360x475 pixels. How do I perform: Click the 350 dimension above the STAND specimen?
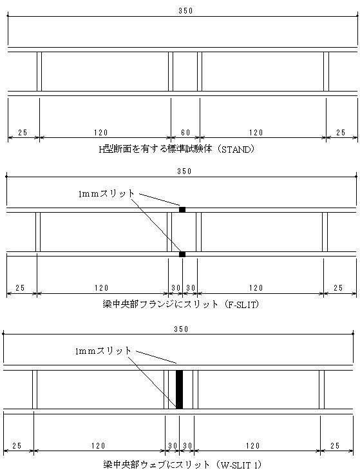pyautogui.click(x=185, y=11)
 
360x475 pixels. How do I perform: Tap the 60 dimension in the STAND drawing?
pyautogui.click(x=185, y=133)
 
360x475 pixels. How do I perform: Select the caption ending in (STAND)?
pyautogui.click(x=177, y=150)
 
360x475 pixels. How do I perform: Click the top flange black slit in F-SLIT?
pyautogui.click(x=182, y=209)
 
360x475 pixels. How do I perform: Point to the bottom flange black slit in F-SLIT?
pyautogui.click(x=182, y=254)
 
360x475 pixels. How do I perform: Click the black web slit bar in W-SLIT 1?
pyautogui.click(x=179, y=389)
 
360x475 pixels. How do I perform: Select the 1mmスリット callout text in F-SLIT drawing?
pyautogui.click(x=106, y=193)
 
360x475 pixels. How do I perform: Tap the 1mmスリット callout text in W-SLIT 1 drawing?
pyautogui.click(x=103, y=351)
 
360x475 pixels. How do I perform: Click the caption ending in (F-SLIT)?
pyautogui.click(x=181, y=304)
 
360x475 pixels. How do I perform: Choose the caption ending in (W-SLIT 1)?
pyautogui.click(x=182, y=465)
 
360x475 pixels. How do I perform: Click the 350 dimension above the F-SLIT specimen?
pyautogui.click(x=184, y=171)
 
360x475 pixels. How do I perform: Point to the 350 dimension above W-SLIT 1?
pyautogui.click(x=181, y=329)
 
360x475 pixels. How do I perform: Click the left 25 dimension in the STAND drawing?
pyautogui.click(x=23, y=133)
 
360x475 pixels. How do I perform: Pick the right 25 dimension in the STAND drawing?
pyautogui.click(x=341, y=133)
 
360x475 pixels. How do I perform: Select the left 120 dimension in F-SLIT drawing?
pyautogui.click(x=101, y=288)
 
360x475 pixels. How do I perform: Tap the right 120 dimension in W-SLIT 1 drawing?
pyautogui.click(x=253, y=445)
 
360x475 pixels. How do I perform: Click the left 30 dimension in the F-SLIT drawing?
pyautogui.click(x=176, y=288)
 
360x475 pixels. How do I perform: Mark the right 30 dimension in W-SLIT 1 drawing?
pyautogui.click(x=187, y=445)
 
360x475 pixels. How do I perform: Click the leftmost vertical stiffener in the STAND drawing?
pyautogui.click(x=39, y=72)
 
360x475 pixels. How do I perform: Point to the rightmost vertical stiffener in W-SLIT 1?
pyautogui.click(x=321, y=389)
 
